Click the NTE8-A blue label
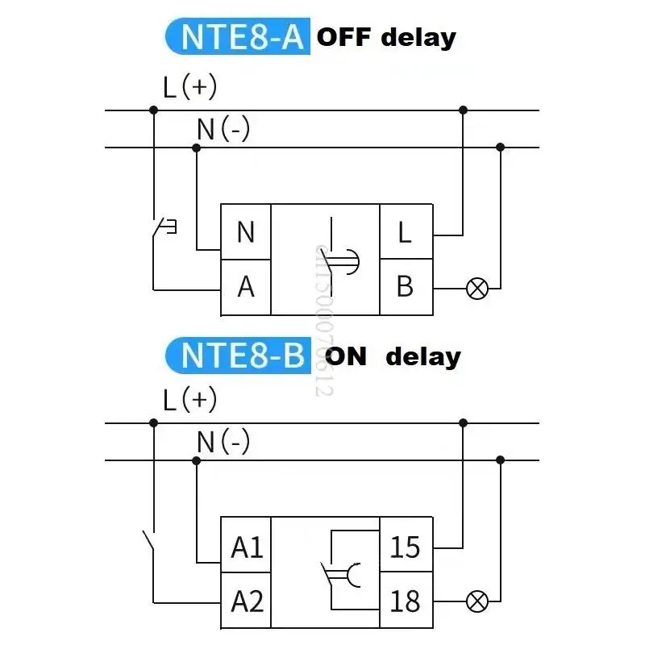236,37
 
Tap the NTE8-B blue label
236,355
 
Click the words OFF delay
385,37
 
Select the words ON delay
392,356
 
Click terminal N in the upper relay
246,232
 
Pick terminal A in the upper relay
246,286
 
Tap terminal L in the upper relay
405,232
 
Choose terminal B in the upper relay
405,286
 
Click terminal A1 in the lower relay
247,547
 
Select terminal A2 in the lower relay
247,601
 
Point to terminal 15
405,547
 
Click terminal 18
405,601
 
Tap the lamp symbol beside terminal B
477,288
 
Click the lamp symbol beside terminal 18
477,601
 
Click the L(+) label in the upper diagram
189,86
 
